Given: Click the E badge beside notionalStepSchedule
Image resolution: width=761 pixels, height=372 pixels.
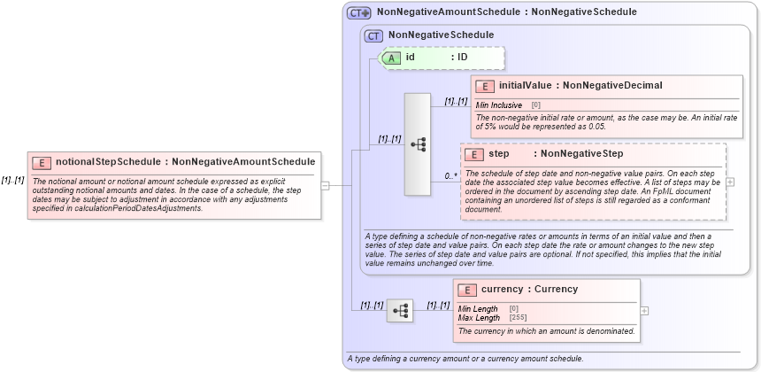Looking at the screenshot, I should pyautogui.click(x=42, y=162).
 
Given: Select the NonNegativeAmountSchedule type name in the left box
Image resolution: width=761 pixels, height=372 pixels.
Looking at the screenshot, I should pyautogui.click(x=243, y=162).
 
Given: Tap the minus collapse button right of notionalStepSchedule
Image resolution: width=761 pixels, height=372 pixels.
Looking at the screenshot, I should pyautogui.click(x=325, y=186).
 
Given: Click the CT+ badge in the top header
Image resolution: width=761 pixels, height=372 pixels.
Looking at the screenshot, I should pyautogui.click(x=358, y=12).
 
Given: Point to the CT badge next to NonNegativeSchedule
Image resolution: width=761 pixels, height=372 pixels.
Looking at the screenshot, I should pyautogui.click(x=374, y=35).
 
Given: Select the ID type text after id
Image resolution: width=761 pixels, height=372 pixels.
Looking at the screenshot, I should pyautogui.click(x=462, y=58).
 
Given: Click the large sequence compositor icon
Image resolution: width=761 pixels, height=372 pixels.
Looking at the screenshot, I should pyautogui.click(x=417, y=143).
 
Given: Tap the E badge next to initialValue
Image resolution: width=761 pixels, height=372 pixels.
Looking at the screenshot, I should pyautogui.click(x=485, y=86).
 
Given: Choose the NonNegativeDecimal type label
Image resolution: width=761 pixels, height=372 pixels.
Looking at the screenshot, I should pyautogui.click(x=612, y=86).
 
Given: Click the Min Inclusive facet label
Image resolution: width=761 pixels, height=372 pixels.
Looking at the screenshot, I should pyautogui.click(x=499, y=105).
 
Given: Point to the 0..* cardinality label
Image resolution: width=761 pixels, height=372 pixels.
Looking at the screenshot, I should pyautogui.click(x=450, y=176).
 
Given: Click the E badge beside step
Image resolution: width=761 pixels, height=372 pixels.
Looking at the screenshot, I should pyautogui.click(x=474, y=155).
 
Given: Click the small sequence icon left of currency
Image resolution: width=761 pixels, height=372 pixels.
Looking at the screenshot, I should pyautogui.click(x=400, y=310).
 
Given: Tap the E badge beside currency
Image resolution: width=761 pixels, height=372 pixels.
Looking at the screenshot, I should pyautogui.click(x=467, y=290).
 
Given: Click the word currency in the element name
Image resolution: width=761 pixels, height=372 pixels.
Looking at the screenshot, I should pyautogui.click(x=503, y=290).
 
